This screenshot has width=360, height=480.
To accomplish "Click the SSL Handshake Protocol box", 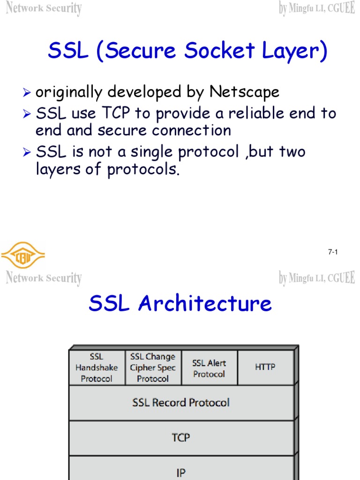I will pos(97,368).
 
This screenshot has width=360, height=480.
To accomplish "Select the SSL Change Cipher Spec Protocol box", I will pos(153,368).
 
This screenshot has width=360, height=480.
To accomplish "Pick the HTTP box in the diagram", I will pos(265,367).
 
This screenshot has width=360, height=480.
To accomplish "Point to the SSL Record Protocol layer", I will pos(181,403).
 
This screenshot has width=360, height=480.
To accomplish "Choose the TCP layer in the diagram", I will pos(181,438).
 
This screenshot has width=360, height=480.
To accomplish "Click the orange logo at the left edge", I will pos(22,255).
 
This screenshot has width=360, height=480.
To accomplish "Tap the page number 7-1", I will pos(333,252).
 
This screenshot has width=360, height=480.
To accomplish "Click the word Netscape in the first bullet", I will pos(244,92).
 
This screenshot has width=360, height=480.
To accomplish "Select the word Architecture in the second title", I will pos(205,304).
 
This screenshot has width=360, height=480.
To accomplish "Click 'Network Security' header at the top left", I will pos(44,8).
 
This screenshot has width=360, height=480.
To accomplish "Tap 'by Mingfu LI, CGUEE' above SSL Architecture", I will pos(317,278).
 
